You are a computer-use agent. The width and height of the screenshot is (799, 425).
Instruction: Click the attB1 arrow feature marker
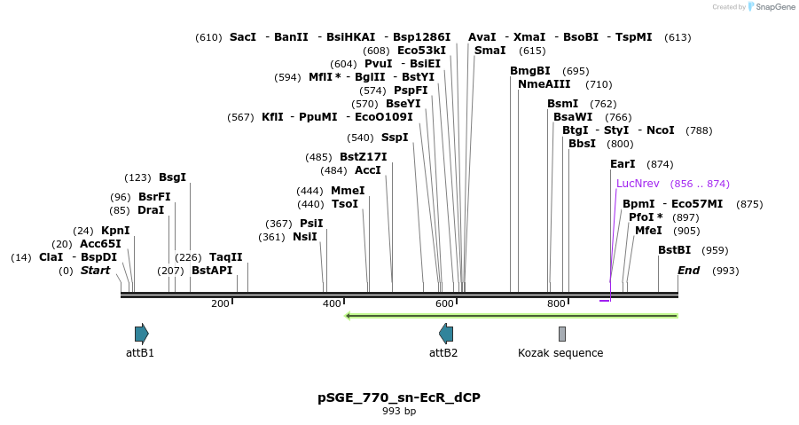point(142,334)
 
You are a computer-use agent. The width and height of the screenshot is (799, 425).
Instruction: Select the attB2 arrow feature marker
point(446,334)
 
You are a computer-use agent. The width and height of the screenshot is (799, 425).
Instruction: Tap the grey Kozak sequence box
point(561,334)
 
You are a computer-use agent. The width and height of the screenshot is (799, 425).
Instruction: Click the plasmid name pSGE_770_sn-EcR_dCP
point(399,397)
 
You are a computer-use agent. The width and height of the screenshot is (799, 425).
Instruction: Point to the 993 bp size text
point(399,411)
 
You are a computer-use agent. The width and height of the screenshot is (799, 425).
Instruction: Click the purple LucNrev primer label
point(638,184)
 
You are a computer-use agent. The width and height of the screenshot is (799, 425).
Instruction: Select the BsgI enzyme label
point(172,177)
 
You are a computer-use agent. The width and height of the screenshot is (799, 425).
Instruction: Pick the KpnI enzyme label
point(115,231)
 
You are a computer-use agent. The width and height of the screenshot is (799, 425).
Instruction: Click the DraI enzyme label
point(151,210)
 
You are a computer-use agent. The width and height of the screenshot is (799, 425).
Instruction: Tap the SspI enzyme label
point(395,138)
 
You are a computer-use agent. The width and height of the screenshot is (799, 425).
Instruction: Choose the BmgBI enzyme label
point(529,71)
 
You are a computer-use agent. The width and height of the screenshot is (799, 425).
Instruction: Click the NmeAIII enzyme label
point(544,84)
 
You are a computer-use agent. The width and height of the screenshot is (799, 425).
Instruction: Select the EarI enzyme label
point(623,164)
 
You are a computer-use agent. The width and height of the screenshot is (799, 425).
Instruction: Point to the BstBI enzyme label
point(674,250)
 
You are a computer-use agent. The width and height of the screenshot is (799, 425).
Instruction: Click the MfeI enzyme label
point(648,231)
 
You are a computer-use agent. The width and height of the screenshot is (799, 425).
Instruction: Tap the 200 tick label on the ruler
point(220,304)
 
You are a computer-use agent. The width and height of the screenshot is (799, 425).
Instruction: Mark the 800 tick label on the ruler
point(556,304)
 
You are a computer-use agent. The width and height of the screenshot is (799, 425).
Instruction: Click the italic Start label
point(95,270)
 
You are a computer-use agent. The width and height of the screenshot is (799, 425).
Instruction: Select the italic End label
point(689,270)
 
